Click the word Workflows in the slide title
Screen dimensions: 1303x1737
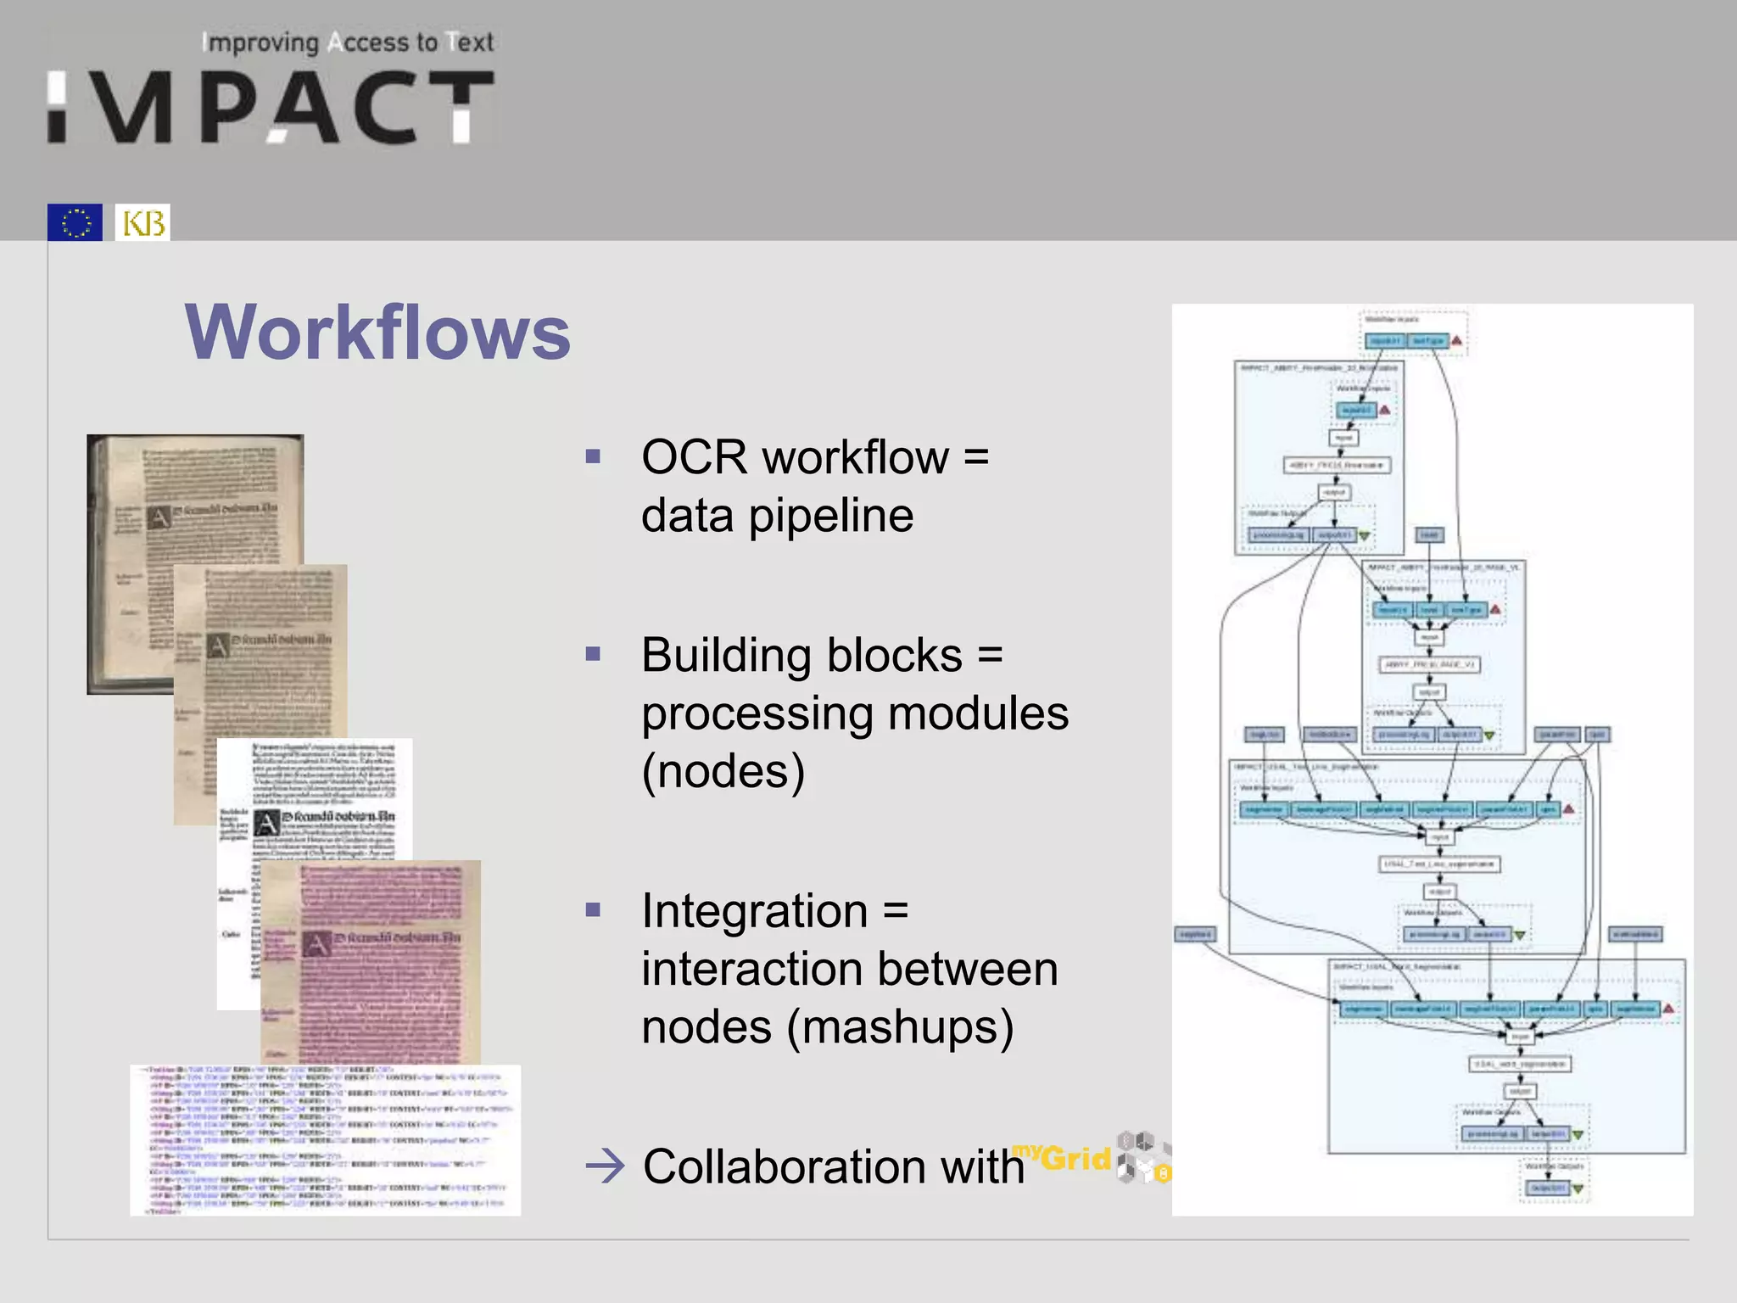click(377, 333)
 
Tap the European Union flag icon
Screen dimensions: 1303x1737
click(75, 222)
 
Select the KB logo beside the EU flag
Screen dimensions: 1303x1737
click(142, 222)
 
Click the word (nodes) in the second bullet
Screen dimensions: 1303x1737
click(723, 771)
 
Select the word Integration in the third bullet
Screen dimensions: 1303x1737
click(754, 912)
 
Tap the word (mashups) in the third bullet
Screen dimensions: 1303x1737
click(899, 1027)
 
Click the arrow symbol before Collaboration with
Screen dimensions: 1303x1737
click(605, 1167)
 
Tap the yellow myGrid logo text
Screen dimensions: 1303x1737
click(1062, 1157)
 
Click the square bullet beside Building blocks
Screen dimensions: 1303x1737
click(593, 654)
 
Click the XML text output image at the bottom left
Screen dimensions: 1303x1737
click(325, 1141)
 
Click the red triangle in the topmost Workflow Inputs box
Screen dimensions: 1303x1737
click(1456, 341)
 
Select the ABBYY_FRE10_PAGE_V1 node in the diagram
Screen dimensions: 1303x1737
click(1429, 664)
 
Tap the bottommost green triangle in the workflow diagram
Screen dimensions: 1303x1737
click(1578, 1189)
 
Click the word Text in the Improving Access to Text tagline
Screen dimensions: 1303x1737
click(472, 42)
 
